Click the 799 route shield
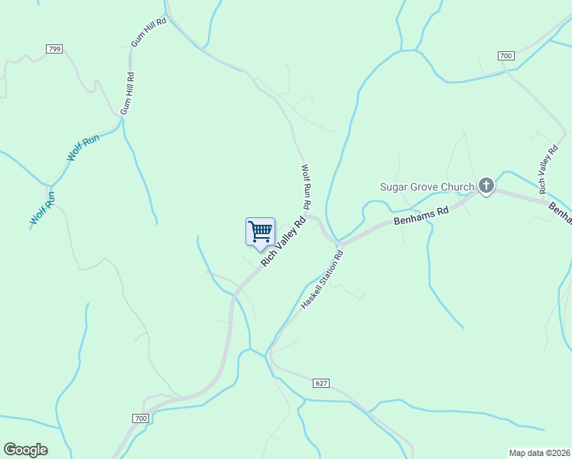click(x=54, y=49)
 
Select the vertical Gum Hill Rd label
click(x=131, y=93)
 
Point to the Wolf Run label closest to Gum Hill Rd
click(x=83, y=147)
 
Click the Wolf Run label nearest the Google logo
click(x=43, y=207)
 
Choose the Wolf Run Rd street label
click(x=306, y=187)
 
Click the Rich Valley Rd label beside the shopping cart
click(x=283, y=241)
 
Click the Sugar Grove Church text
click(x=428, y=186)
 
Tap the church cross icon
click(x=486, y=185)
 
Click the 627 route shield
click(x=321, y=382)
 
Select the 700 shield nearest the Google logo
click(x=140, y=418)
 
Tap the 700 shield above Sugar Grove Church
click(x=505, y=56)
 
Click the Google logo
click(x=25, y=450)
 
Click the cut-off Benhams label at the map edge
click(x=561, y=214)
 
